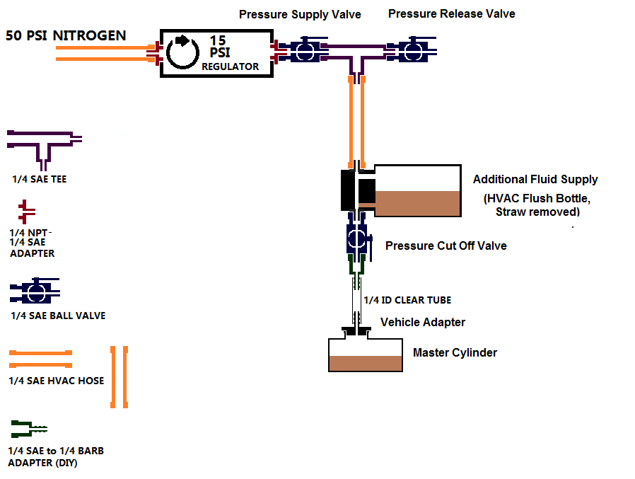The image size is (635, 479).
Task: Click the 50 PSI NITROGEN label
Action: (66, 35)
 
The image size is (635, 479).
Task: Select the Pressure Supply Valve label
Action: (300, 14)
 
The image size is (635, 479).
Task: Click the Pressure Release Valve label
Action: (451, 13)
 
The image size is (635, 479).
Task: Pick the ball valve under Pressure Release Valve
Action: (411, 50)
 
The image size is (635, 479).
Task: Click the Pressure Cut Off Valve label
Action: (445, 246)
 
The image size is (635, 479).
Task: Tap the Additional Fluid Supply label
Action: (535, 179)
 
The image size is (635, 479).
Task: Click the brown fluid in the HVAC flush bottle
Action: (416, 204)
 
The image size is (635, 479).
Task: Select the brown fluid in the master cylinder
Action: (365, 363)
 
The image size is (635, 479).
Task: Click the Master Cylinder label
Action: (455, 352)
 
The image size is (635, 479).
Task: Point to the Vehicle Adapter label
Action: (423, 322)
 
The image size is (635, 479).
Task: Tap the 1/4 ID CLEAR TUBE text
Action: (407, 300)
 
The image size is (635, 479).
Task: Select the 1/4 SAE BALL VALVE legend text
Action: (58, 316)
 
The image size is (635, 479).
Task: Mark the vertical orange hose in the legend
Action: (119, 377)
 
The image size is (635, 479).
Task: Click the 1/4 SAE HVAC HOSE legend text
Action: (57, 381)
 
